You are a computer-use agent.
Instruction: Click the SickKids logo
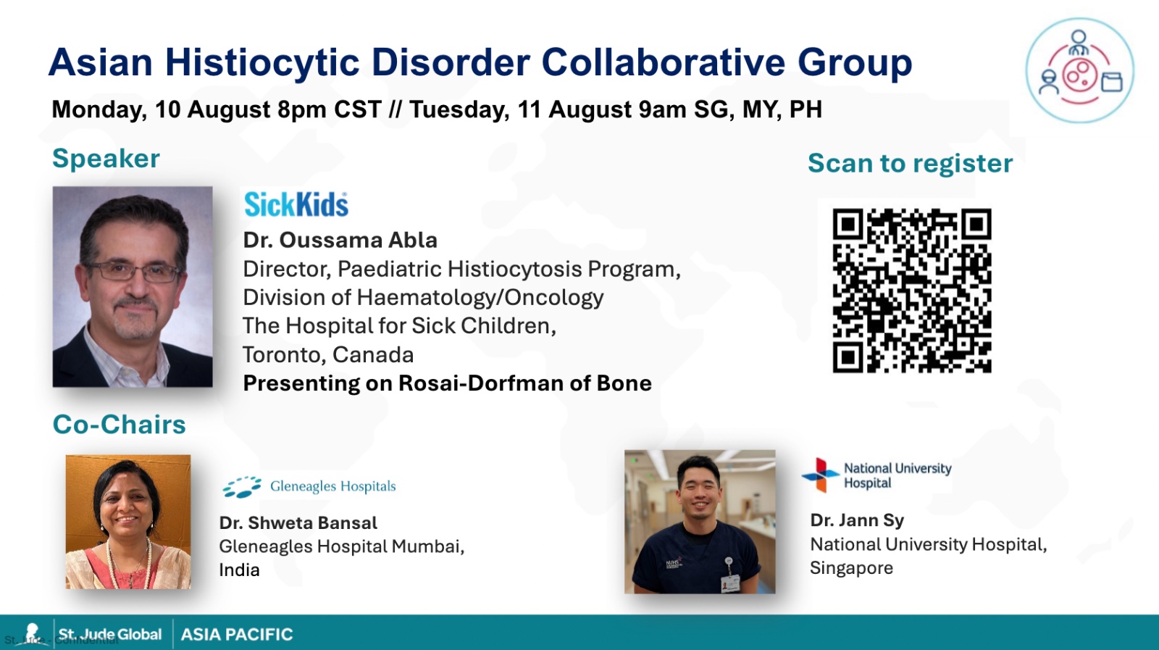(296, 204)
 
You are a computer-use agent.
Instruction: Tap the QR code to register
(912, 291)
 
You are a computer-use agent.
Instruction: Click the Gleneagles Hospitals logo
(309, 486)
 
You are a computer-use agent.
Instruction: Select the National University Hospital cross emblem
(820, 475)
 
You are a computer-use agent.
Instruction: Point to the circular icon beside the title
(1080, 70)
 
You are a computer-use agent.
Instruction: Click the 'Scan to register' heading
(910, 163)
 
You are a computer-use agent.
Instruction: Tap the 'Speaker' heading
(106, 159)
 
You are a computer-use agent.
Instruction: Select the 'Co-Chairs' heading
(119, 425)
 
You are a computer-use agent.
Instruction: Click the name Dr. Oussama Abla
(340, 240)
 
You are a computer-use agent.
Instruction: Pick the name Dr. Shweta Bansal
(298, 522)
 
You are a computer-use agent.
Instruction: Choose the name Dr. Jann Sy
(857, 520)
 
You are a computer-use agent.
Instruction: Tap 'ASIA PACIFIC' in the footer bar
(237, 635)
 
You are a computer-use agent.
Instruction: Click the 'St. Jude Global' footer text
(109, 635)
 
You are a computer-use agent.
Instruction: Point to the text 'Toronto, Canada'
(328, 355)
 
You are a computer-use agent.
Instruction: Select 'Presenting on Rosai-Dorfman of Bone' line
(448, 383)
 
